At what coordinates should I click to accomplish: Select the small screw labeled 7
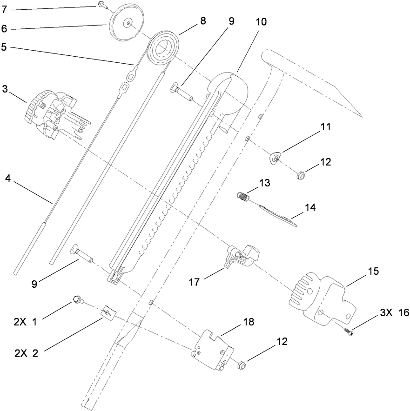click(101, 5)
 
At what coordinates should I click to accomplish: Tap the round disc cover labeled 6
click(126, 22)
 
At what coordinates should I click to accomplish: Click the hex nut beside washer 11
click(301, 175)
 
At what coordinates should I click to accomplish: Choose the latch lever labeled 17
click(240, 259)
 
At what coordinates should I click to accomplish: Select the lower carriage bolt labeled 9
click(80, 254)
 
